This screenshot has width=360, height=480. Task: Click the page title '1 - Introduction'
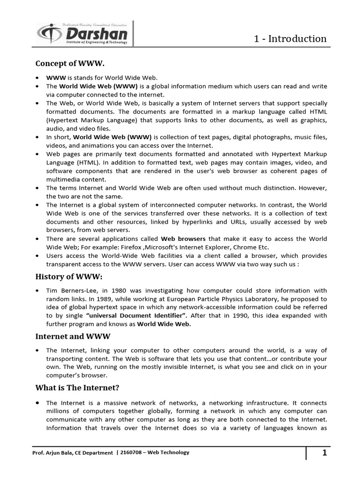pyautogui.click(x=290, y=38)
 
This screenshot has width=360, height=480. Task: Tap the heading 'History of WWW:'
pyautogui.click(x=68, y=277)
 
